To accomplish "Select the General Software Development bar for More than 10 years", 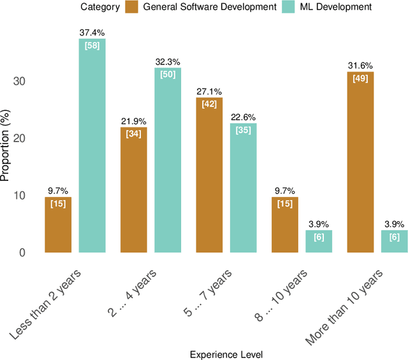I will tap(360, 162).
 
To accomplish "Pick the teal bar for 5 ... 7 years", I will tap(243, 188).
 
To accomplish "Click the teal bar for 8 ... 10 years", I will tap(318, 241).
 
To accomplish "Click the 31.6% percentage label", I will tap(360, 66).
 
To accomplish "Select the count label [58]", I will tap(92, 45).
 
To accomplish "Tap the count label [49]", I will tap(360, 78).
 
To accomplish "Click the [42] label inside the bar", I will tap(209, 104).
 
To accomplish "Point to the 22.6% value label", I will tap(243, 117).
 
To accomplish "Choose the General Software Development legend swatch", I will tap(131, 8).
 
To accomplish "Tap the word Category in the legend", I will tap(100, 8).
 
